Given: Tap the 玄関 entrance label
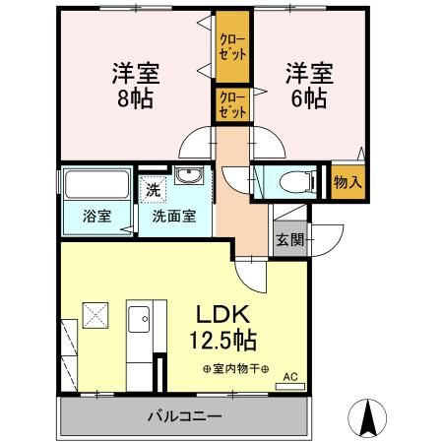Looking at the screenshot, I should [288, 238].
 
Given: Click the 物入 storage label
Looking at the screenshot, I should [348, 182].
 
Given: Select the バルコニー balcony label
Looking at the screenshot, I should [185, 416].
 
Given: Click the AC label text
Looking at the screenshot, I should [289, 375].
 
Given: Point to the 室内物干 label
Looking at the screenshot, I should [235, 368].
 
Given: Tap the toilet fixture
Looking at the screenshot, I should [295, 181].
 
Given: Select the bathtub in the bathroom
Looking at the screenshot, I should [96, 185].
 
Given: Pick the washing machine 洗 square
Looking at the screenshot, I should [153, 185].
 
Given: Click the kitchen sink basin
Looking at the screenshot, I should [139, 320].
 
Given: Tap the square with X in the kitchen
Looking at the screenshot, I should [96, 314].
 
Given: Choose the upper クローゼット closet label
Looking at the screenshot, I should [232, 45].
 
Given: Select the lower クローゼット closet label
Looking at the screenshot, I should [232, 104].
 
